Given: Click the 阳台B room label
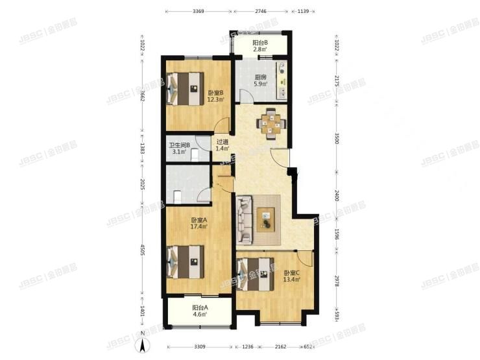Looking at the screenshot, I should tap(260, 45).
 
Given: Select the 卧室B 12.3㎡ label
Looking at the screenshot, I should tap(215, 96).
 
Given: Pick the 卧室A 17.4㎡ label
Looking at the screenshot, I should tap(198, 223).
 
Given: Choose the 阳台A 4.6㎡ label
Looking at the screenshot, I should tap(200, 311).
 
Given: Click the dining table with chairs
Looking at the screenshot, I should tap(268, 123).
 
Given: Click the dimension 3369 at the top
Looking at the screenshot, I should tap(199, 11).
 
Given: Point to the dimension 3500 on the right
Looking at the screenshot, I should tap(337, 139).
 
